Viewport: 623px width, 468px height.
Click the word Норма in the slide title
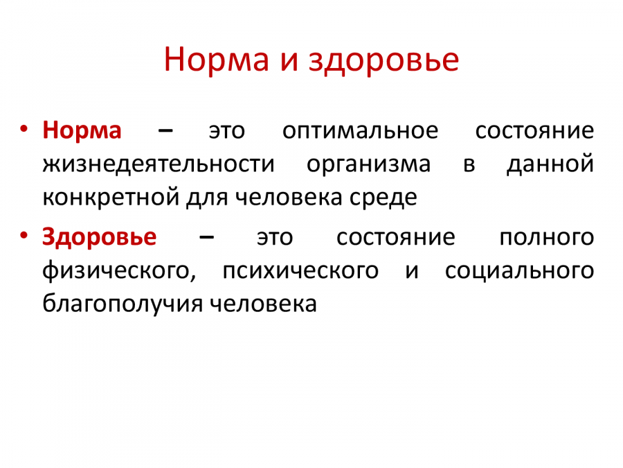pyautogui.click(x=217, y=60)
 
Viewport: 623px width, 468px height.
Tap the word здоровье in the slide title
pyautogui.click(x=383, y=60)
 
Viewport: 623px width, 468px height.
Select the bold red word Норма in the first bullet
pyautogui.click(x=82, y=130)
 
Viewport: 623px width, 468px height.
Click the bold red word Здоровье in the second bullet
pyautogui.click(x=99, y=237)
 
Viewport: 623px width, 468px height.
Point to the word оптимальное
pyautogui.click(x=361, y=130)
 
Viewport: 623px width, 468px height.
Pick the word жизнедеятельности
pyautogui.click(x=159, y=164)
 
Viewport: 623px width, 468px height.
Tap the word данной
pyautogui.click(x=550, y=164)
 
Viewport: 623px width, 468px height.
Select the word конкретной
pyautogui.click(x=111, y=198)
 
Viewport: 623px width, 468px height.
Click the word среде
pyautogui.click(x=383, y=198)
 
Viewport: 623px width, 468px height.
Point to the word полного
pyautogui.click(x=547, y=238)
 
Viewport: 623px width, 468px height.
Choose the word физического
pyautogui.click(x=119, y=271)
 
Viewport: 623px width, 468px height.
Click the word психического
pyautogui.click(x=300, y=271)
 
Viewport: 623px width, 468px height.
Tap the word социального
pyautogui.click(x=519, y=271)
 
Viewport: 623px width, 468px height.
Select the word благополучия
pyautogui.click(x=123, y=304)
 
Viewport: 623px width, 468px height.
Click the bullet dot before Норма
pyautogui.click(x=24, y=129)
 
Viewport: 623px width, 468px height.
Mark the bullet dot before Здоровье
pyautogui.click(x=24, y=236)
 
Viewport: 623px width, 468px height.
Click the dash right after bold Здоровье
pyautogui.click(x=206, y=238)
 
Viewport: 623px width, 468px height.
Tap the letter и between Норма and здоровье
pyautogui.click(x=289, y=62)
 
